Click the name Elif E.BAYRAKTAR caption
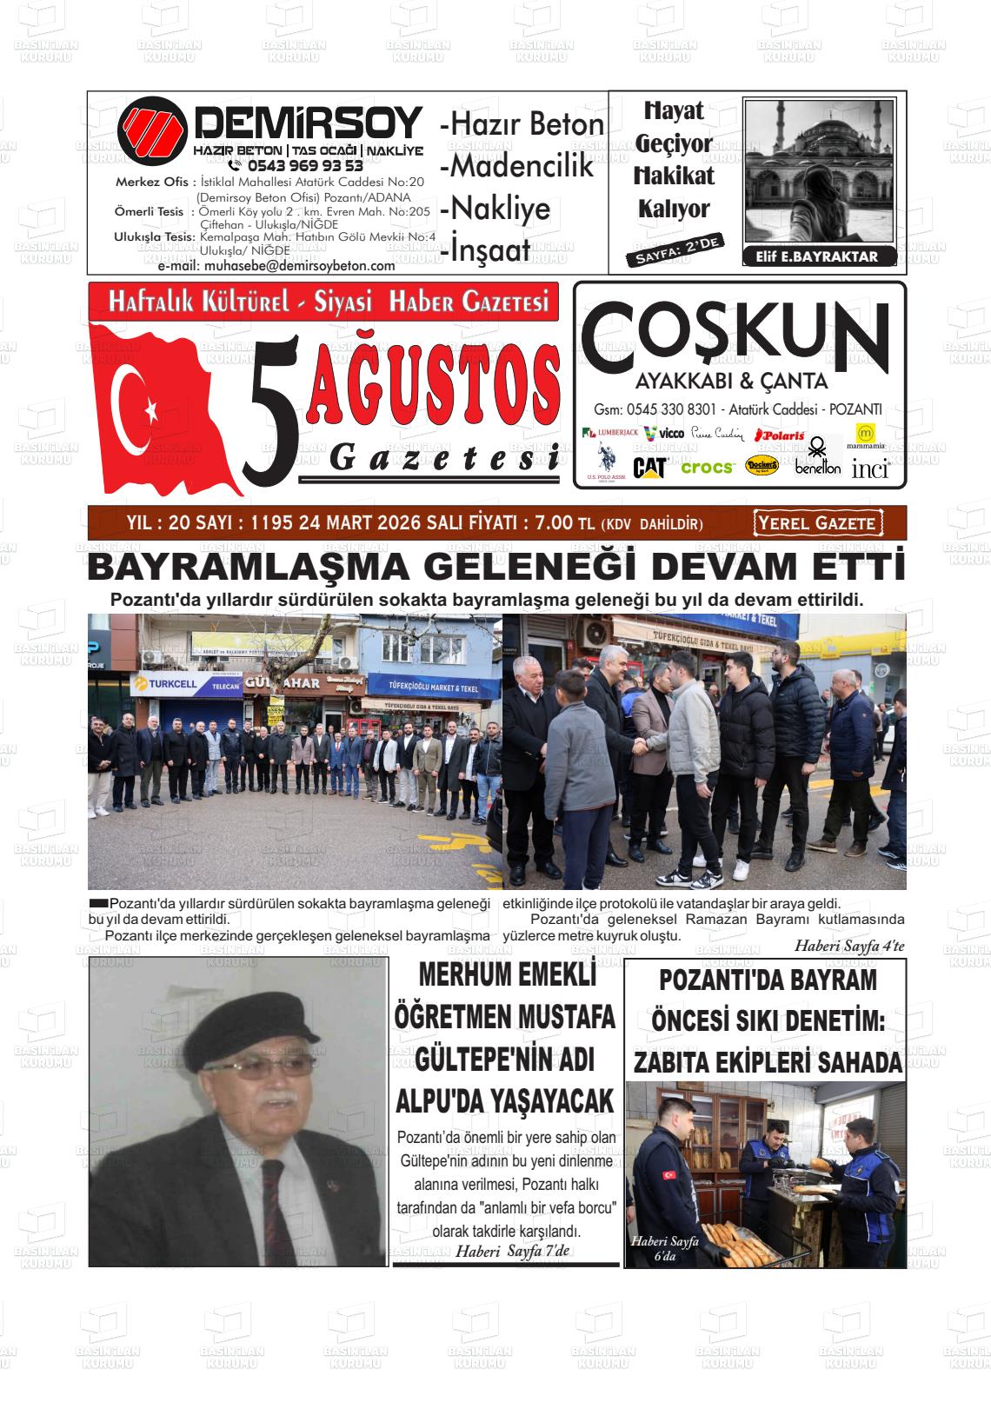coord(811,256)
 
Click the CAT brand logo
coord(649,468)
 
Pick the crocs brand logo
coord(708,468)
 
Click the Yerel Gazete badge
coord(816,523)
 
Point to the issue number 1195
coord(269,523)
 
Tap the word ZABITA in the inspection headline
coord(675,1061)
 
